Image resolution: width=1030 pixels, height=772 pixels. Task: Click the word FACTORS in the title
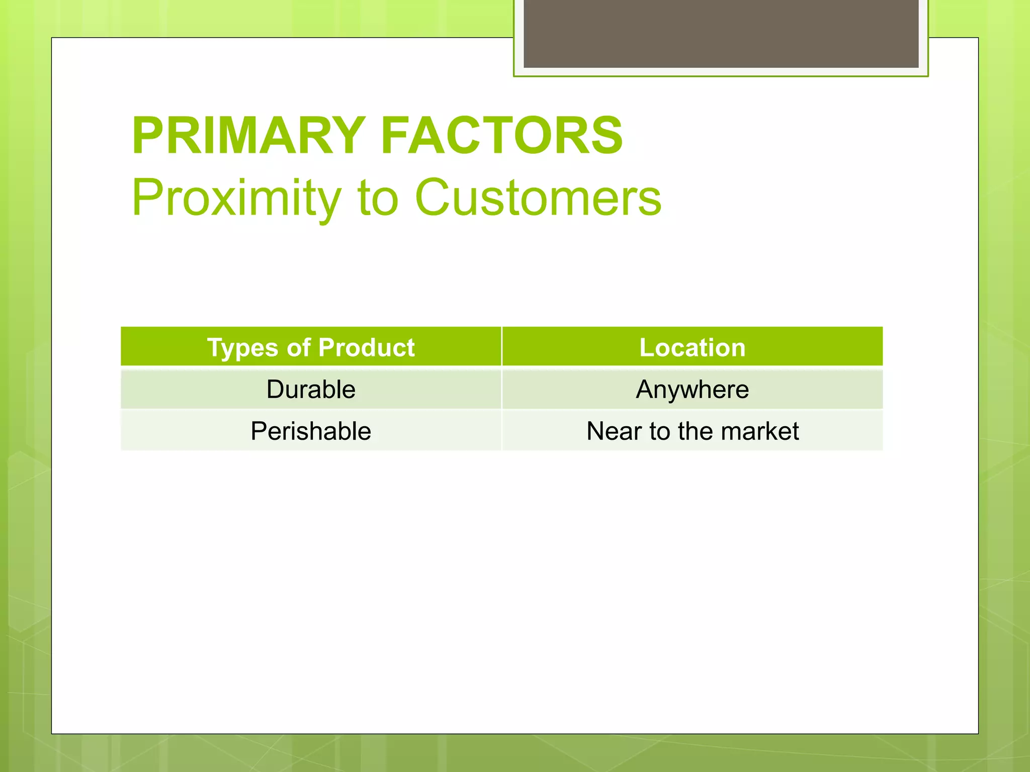[x=501, y=136]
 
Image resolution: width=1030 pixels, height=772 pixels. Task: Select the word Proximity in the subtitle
[x=236, y=198]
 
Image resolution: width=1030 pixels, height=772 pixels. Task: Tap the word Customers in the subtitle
[x=538, y=198]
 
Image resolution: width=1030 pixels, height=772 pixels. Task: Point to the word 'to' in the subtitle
[x=377, y=198]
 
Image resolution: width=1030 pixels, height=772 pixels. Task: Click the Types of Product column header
[x=311, y=347]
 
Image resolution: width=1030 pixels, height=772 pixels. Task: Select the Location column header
[x=692, y=347]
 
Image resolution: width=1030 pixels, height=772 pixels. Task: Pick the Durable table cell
[x=311, y=390]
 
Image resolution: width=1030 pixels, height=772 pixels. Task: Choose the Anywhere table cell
[x=692, y=390]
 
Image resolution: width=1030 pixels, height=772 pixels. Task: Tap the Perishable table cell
[x=311, y=431]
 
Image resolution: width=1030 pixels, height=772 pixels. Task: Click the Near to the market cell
[x=692, y=431]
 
